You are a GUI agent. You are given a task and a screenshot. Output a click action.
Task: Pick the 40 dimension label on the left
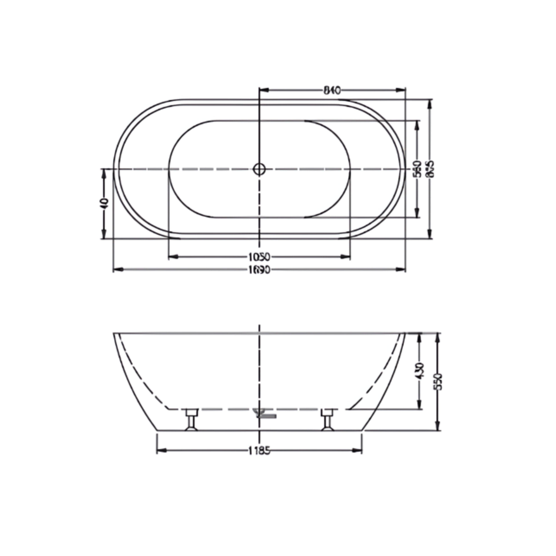[x=104, y=203]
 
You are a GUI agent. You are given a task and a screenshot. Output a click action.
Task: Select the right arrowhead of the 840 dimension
[x=401, y=90]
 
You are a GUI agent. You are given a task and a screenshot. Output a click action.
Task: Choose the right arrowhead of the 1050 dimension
[x=345, y=256]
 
